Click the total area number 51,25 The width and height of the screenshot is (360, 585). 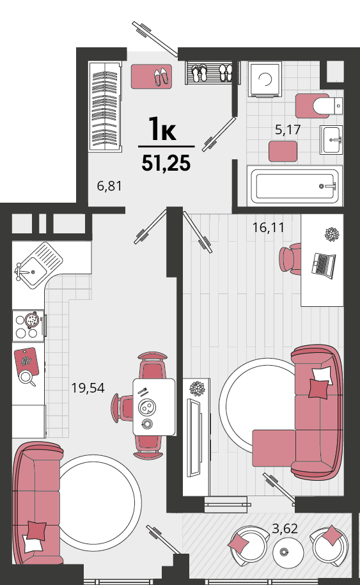click(x=166, y=163)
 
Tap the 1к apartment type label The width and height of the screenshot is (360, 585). click(x=162, y=129)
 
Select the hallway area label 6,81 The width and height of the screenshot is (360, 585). click(x=109, y=186)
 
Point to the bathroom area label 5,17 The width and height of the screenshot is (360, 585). click(x=288, y=130)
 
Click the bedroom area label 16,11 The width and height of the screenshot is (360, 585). click(x=268, y=227)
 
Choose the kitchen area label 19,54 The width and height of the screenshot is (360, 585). click(x=88, y=388)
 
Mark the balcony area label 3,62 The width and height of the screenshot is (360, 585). click(x=285, y=529)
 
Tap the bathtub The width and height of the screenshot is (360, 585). click(x=295, y=186)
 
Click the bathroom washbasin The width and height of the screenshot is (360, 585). click(x=331, y=139)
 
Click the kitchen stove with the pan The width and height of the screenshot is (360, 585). click(x=29, y=325)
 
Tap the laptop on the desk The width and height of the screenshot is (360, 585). click(x=324, y=265)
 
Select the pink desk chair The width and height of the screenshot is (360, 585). click(x=290, y=260)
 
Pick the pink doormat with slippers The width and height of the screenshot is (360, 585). click(x=152, y=77)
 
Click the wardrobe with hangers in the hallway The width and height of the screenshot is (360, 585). click(x=106, y=106)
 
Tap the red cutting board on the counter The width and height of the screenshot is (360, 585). click(x=26, y=361)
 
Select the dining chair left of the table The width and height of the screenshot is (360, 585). click(x=122, y=408)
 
